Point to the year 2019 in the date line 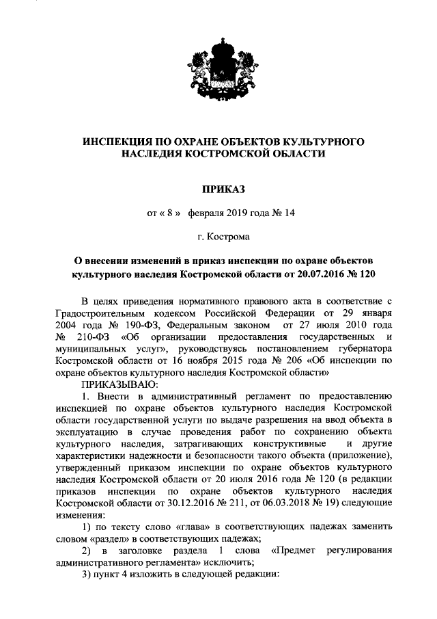coord(231,212)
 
